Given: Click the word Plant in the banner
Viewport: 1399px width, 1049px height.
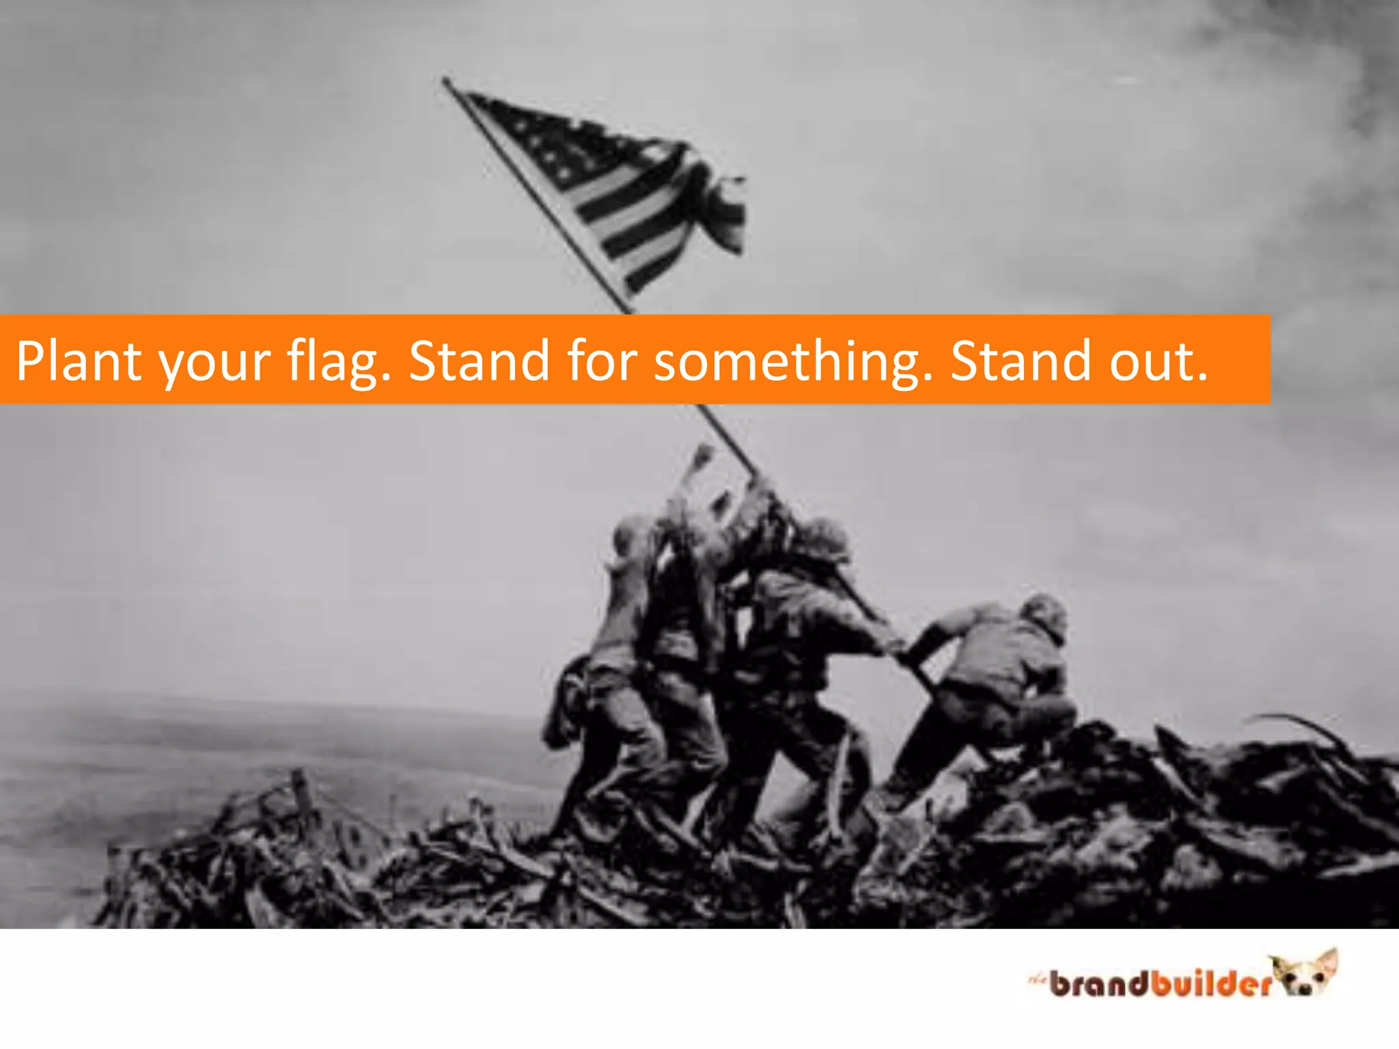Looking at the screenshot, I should tap(78, 361).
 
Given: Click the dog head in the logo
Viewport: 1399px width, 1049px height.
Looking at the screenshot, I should tap(1308, 973).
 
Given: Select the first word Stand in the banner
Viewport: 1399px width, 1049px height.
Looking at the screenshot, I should tap(479, 361).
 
